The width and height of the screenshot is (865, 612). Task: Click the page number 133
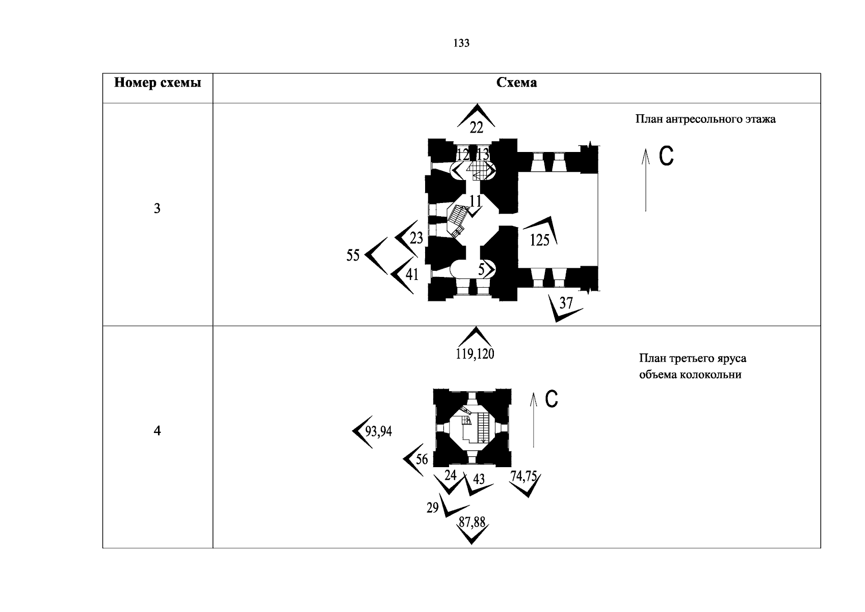[x=461, y=43]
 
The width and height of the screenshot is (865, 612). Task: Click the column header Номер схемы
[x=157, y=83]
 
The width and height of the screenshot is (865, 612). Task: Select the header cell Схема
[x=516, y=83]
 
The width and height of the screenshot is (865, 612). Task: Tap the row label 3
[x=157, y=209]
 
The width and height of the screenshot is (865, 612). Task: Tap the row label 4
[x=157, y=431]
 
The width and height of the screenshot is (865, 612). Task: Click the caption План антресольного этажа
[x=705, y=119]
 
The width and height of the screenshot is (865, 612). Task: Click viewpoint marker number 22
[x=476, y=126]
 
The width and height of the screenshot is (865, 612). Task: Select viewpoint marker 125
[x=540, y=239]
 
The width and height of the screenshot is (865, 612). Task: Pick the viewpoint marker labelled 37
[x=566, y=303]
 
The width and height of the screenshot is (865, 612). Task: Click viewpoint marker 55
[x=353, y=255]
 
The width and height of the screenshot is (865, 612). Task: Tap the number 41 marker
[x=412, y=274]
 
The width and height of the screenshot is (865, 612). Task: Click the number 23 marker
[x=416, y=238]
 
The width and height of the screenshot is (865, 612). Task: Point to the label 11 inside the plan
[x=475, y=201]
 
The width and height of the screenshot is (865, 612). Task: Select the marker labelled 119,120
[x=475, y=353]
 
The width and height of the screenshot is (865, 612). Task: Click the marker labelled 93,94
[x=379, y=431]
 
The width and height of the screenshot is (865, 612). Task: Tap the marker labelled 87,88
[x=472, y=523]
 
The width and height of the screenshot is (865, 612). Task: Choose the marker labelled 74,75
[x=523, y=476]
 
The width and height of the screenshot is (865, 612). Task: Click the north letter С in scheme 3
[x=666, y=157]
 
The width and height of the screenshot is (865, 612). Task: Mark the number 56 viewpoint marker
[x=422, y=459]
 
